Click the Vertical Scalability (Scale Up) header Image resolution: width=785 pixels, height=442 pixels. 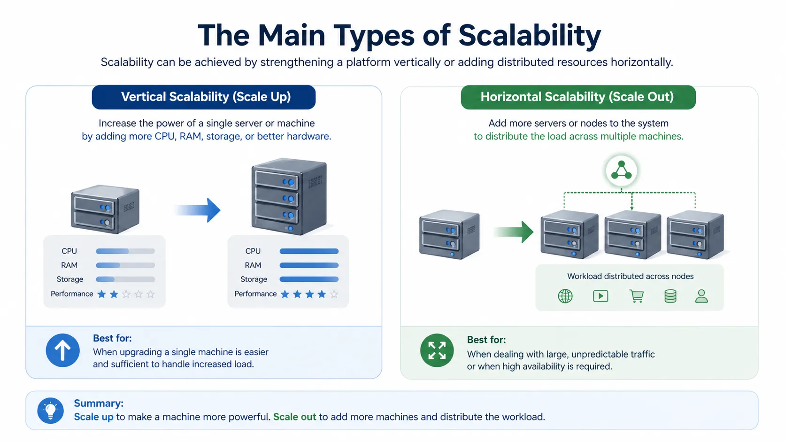point(204,97)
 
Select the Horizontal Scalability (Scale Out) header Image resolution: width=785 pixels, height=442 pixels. point(577,97)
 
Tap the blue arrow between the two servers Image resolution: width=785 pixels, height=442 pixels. point(198,210)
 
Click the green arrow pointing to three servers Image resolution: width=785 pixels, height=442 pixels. point(515,232)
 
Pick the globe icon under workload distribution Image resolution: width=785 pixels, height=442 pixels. point(565,296)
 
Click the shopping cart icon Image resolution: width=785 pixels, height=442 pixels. point(637,296)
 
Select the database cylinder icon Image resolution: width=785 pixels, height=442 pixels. point(670,296)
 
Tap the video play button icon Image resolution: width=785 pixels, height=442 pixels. point(600,296)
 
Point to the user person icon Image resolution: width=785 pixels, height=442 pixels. point(701,296)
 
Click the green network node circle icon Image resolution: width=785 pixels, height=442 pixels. point(622,171)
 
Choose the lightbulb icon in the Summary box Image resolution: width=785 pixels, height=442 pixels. point(51,411)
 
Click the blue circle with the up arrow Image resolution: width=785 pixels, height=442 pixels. point(62,350)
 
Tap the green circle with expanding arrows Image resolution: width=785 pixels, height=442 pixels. point(437,350)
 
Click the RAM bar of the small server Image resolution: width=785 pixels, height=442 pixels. point(125,265)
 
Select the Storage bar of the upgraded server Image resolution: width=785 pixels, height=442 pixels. point(309,279)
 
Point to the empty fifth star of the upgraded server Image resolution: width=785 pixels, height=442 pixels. point(334,295)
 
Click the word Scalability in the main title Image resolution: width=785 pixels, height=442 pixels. point(529,35)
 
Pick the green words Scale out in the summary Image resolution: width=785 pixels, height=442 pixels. point(295,417)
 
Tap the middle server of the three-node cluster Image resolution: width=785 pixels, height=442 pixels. point(632,234)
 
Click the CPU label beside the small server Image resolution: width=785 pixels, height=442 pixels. point(69,251)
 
